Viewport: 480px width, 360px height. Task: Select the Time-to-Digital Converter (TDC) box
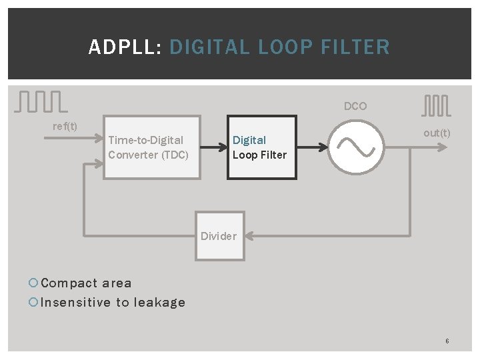(x=151, y=147)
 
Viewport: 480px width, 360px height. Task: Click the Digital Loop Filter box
(x=261, y=147)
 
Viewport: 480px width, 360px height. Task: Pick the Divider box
(x=219, y=235)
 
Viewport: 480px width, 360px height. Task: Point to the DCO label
(x=355, y=106)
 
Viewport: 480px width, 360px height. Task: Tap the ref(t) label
(x=65, y=126)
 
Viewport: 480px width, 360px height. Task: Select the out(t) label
(x=437, y=133)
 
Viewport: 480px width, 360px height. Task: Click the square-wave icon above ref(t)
(x=40, y=101)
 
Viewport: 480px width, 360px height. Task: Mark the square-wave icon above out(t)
(x=436, y=105)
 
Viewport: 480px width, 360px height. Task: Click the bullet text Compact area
(x=86, y=283)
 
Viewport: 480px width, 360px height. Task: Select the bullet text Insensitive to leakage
(x=113, y=302)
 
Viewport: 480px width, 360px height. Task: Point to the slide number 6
(x=447, y=341)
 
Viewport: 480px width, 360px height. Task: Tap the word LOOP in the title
(x=285, y=47)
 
